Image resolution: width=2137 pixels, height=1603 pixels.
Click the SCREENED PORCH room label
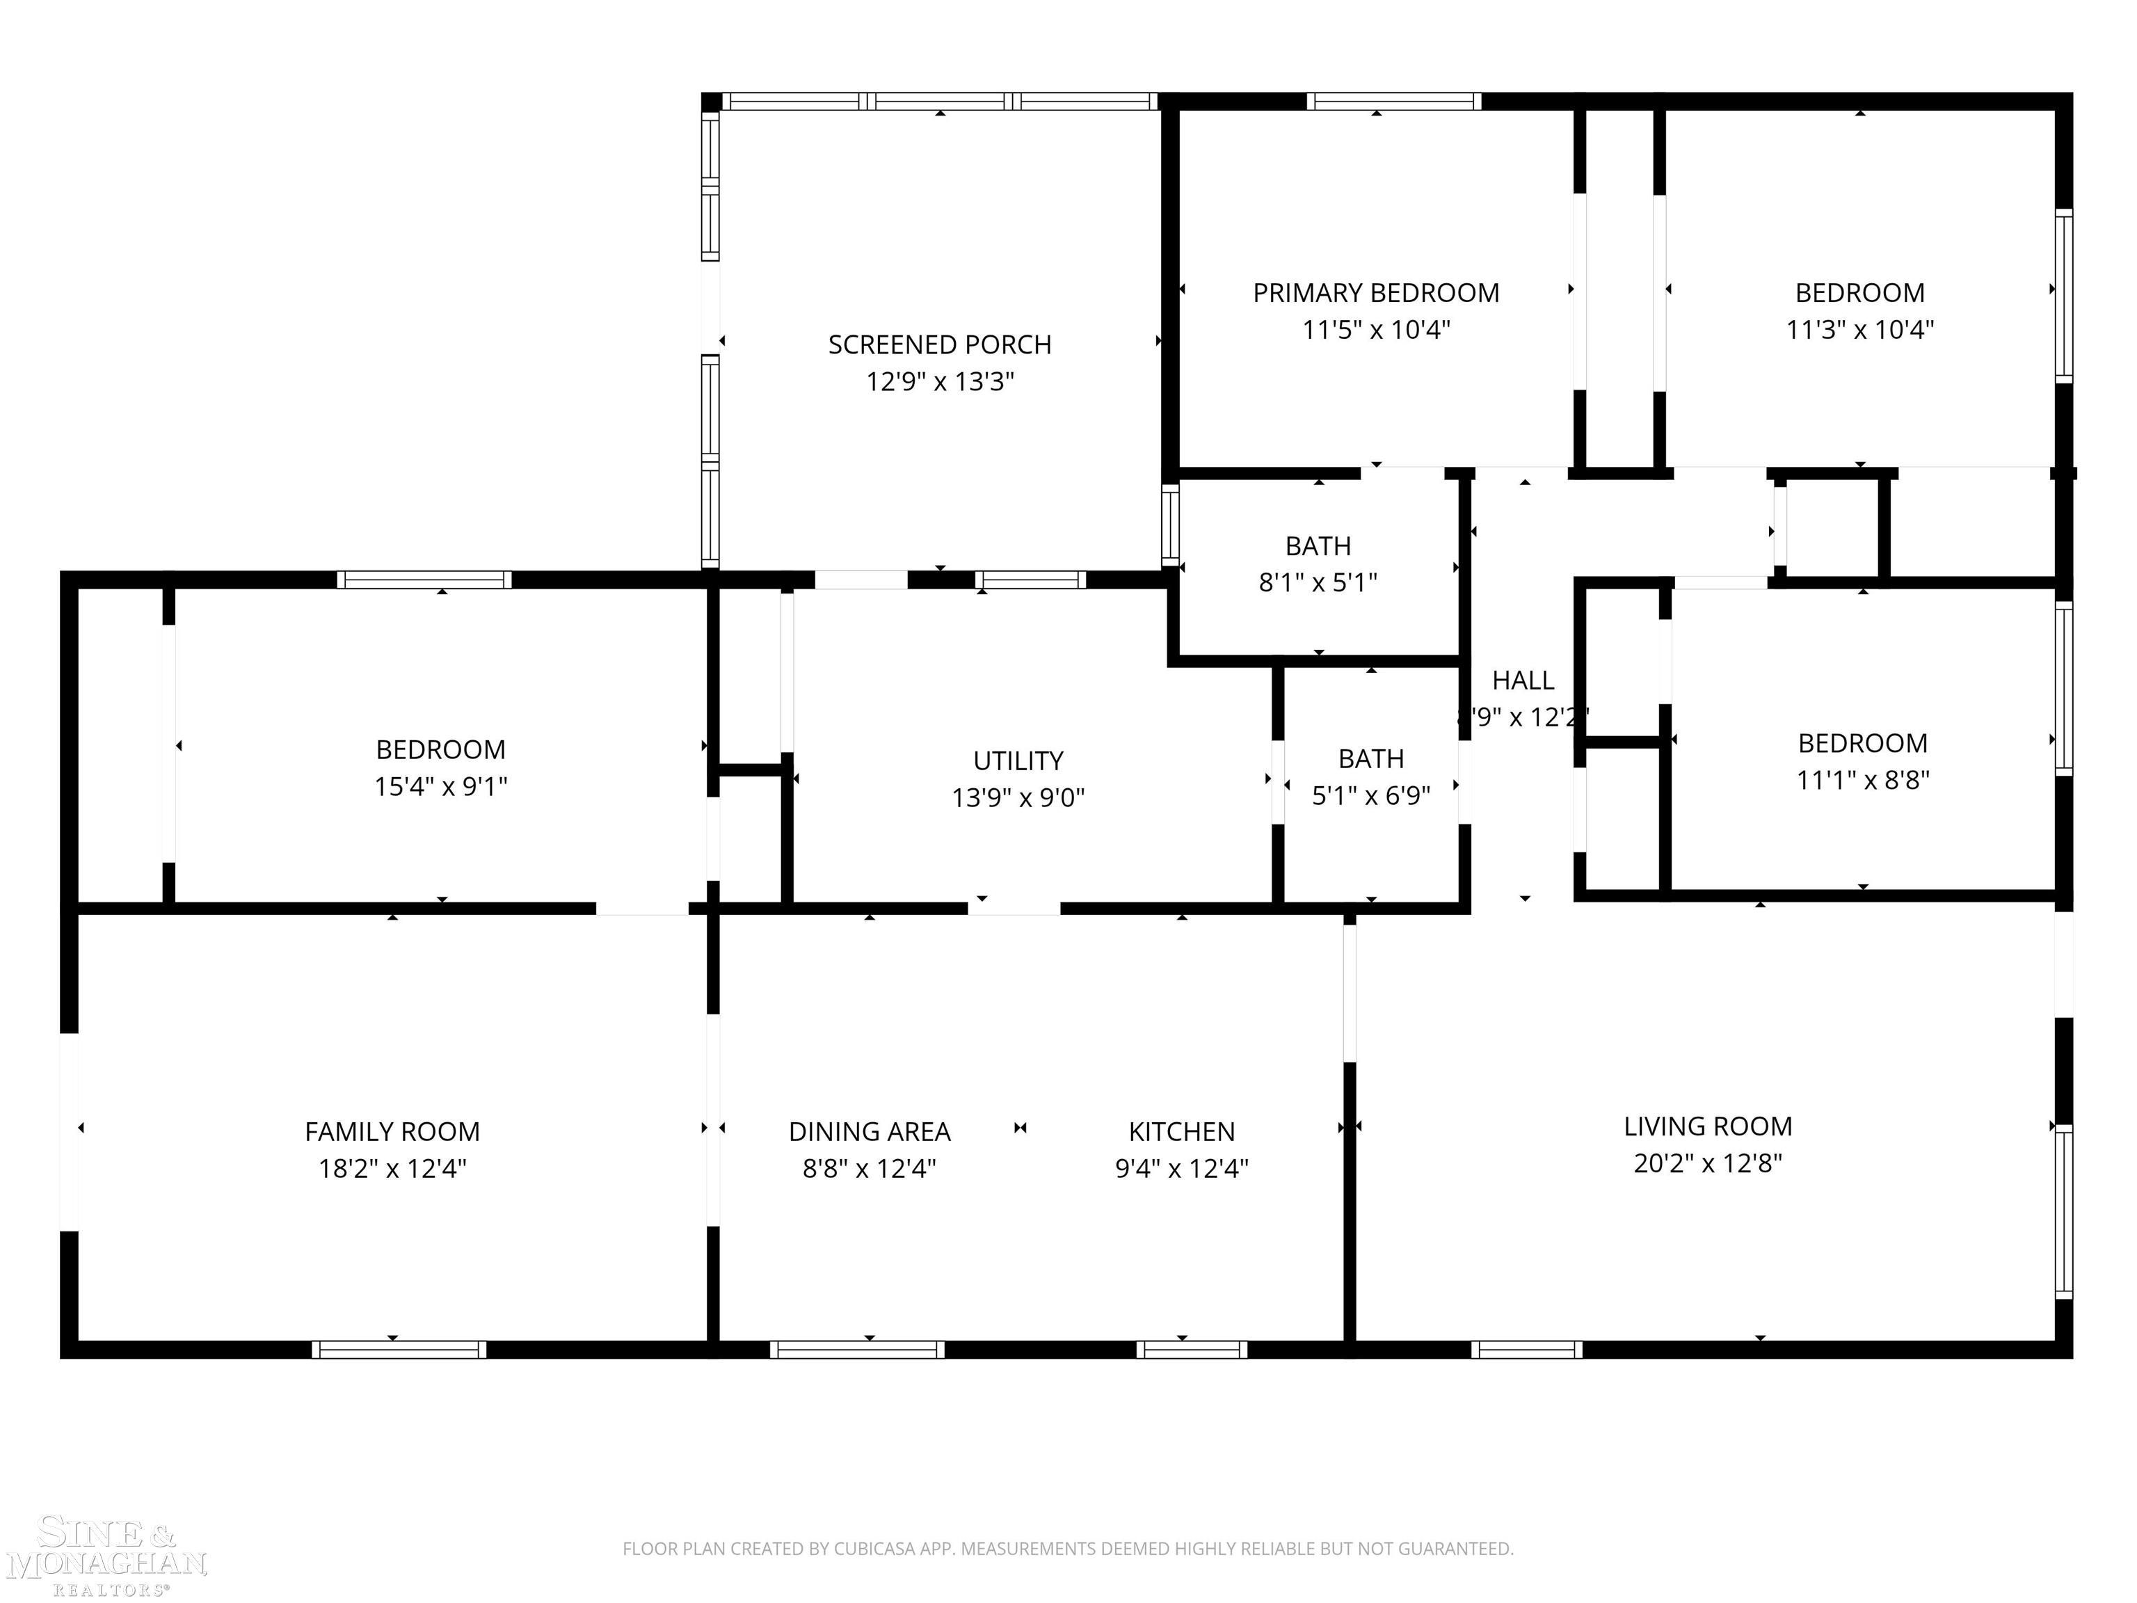pos(939,345)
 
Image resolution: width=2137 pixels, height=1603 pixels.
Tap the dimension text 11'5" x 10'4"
pos(1376,330)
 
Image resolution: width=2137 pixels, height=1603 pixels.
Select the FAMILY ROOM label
pos(392,1131)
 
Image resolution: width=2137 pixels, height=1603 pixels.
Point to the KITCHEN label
pos(1181,1131)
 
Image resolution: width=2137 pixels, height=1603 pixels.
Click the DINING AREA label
pos(870,1131)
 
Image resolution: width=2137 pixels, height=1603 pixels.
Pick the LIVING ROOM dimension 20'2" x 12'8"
pos(1707,1163)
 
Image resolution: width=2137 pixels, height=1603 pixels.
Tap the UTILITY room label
pos(1018,761)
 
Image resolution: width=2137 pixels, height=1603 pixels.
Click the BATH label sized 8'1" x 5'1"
pos(1318,547)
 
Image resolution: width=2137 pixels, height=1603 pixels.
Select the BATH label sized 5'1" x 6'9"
pos(1371,760)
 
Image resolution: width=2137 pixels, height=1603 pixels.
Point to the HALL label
pos(1523,681)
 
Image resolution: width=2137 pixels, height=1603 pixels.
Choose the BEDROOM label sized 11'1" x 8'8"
pos(1862,743)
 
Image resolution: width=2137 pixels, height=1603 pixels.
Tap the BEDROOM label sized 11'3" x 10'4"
pos(1859,293)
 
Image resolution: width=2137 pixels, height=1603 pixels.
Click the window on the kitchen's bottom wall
pos(1191,1350)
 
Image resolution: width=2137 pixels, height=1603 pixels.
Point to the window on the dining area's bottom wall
pos(857,1350)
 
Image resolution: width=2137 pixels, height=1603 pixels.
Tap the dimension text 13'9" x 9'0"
pos(1018,798)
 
